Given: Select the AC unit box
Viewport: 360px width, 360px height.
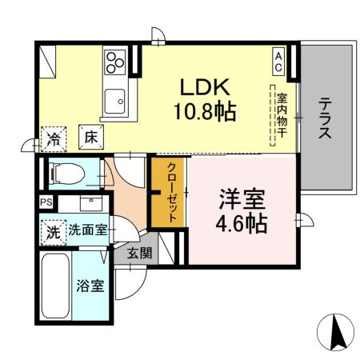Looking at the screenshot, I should [x=279, y=62].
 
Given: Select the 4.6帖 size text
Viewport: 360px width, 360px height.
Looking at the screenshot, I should [x=242, y=223].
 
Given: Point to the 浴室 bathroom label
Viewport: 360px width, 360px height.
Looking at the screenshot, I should [x=90, y=286].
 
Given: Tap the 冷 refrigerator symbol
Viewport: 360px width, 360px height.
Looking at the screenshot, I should [x=54, y=136].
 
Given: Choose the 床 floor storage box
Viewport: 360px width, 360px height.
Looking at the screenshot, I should [x=90, y=136].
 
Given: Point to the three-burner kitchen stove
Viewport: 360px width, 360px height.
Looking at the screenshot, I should [x=115, y=61].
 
